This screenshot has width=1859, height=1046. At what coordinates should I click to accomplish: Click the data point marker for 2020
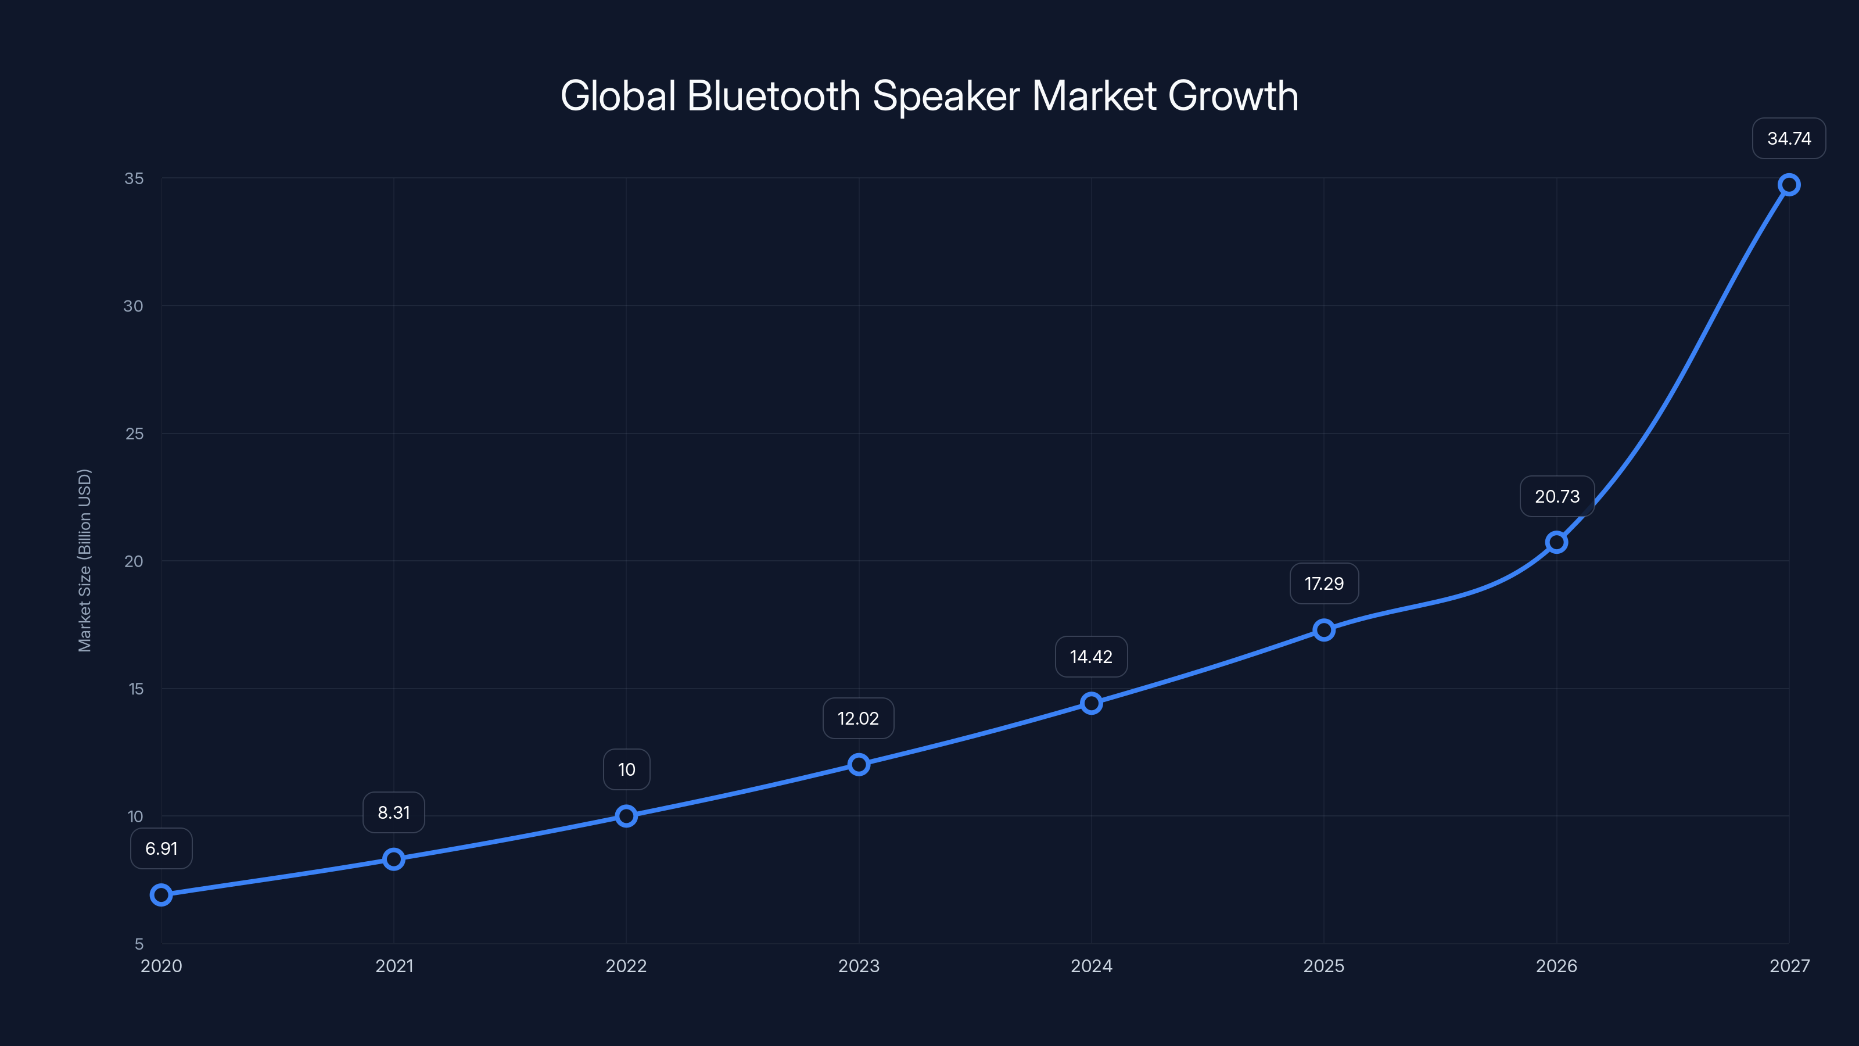[x=161, y=895]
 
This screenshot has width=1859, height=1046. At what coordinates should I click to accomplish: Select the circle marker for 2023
[x=859, y=765]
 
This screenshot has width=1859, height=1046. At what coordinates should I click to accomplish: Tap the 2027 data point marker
[x=1789, y=185]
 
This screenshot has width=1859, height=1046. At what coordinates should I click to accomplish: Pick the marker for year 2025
[x=1323, y=630]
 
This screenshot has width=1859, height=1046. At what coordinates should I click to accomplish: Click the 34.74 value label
[x=1789, y=139]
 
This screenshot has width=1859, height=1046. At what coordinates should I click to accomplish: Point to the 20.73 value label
[x=1557, y=497]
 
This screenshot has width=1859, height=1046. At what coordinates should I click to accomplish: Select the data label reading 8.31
[x=393, y=813]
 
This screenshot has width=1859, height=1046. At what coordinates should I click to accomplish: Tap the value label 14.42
[x=1091, y=657]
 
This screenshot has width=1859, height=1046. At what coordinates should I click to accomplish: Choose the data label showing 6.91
[x=161, y=849]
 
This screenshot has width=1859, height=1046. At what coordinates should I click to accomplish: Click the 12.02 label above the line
[x=858, y=719]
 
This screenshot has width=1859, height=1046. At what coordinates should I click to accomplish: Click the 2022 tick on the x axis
[x=626, y=966]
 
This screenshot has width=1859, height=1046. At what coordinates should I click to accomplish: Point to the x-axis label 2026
[x=1557, y=966]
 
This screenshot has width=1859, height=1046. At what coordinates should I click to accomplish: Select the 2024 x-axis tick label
[x=1091, y=966]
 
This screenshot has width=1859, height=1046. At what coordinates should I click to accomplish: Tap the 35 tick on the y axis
[x=134, y=178]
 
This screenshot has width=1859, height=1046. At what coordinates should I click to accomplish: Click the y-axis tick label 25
[x=134, y=434]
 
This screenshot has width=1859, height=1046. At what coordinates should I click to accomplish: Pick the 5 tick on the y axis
[x=139, y=944]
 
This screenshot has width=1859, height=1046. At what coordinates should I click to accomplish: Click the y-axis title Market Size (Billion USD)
[x=84, y=560]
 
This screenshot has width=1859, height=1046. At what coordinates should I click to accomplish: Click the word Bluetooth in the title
[x=774, y=96]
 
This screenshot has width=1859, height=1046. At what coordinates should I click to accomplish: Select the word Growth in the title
[x=1233, y=96]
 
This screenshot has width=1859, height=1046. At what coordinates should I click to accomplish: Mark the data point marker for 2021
[x=393, y=859]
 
